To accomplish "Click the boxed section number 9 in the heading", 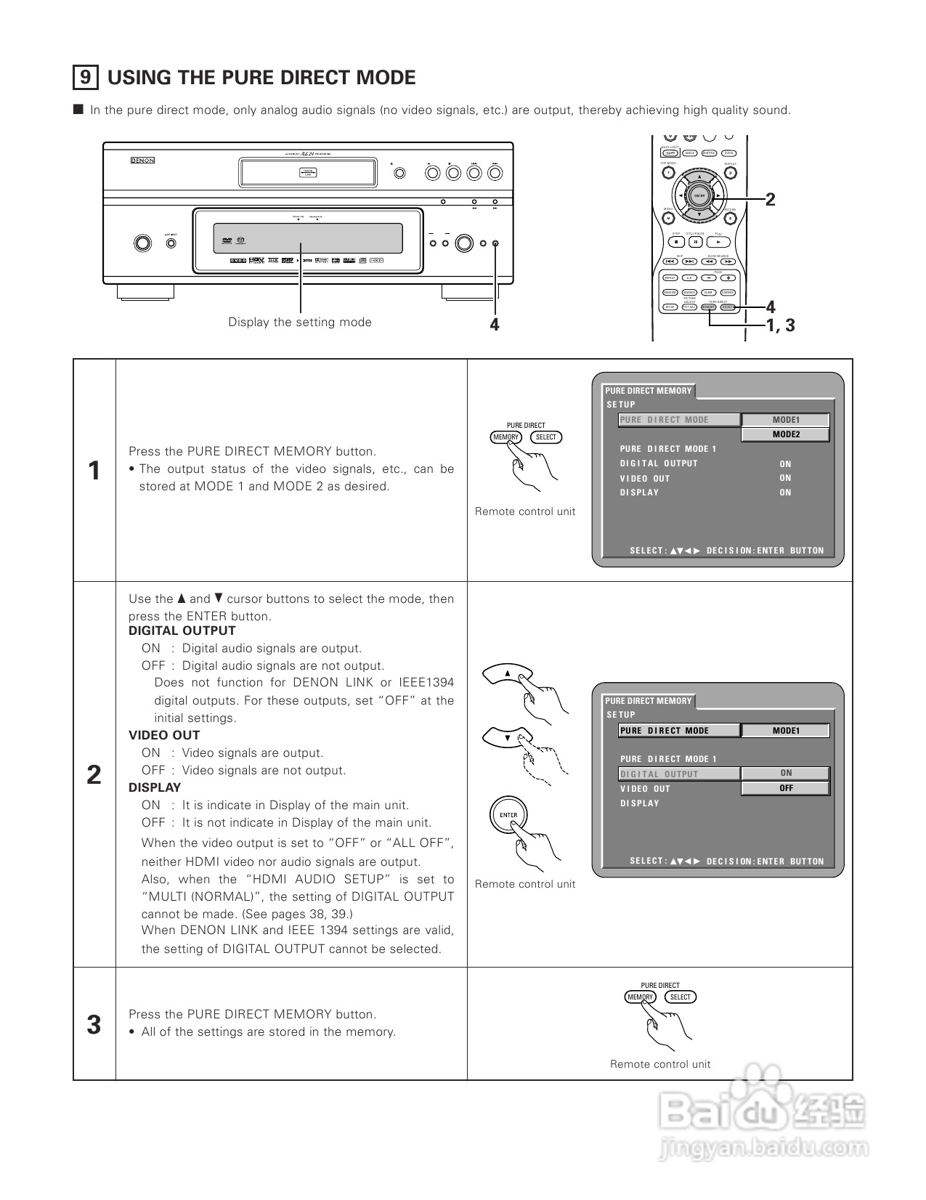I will [x=86, y=77].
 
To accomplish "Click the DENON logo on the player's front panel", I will [x=142, y=161].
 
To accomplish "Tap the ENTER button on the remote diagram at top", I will [x=699, y=196].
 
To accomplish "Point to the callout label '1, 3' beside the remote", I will [x=781, y=325].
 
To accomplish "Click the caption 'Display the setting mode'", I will [x=300, y=323].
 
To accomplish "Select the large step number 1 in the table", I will [x=94, y=471].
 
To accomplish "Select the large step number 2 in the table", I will [x=94, y=775].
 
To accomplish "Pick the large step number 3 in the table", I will [x=94, y=1025].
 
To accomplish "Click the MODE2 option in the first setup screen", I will [x=785, y=434].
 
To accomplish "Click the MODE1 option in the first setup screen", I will [x=785, y=420].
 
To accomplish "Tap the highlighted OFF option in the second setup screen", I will [x=785, y=788].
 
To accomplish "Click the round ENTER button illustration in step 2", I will [x=508, y=815].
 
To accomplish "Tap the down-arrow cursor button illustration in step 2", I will [x=508, y=737].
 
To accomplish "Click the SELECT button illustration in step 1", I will [x=545, y=437].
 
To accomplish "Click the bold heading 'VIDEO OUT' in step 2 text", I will [x=164, y=735].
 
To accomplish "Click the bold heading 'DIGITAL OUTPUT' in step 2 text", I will [x=182, y=631].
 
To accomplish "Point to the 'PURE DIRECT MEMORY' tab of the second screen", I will [x=649, y=701].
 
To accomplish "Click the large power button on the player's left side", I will [x=142, y=243].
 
